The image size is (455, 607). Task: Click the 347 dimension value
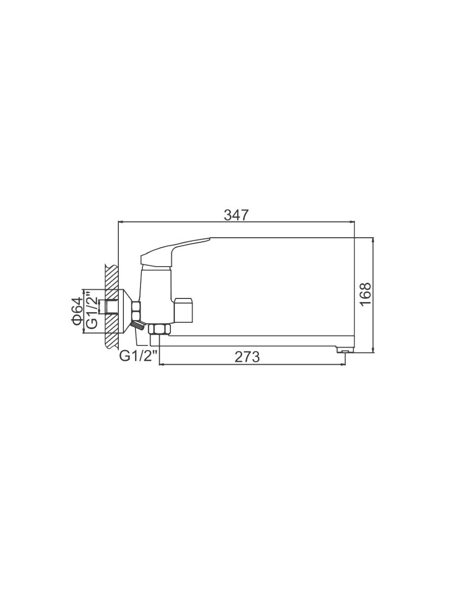click(x=236, y=215)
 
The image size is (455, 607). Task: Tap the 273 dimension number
click(x=247, y=357)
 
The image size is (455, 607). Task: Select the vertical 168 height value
click(x=366, y=294)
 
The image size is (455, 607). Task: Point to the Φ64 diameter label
click(x=77, y=311)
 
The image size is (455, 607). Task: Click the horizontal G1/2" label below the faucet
click(x=138, y=356)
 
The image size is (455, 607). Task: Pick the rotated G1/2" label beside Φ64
click(x=92, y=310)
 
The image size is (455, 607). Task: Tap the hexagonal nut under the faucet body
click(x=159, y=330)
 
